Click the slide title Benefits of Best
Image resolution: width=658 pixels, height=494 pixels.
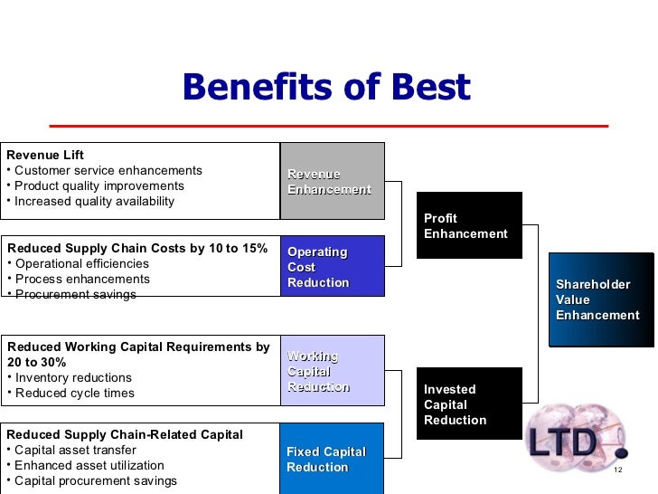326,88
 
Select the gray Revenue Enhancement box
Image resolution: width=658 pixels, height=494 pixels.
332,181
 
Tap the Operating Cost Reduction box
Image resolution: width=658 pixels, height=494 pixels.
332,266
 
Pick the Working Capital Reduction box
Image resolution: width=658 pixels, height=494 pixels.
332,371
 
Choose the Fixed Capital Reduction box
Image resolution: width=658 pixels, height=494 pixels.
332,459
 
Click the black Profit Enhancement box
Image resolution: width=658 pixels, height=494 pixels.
468,225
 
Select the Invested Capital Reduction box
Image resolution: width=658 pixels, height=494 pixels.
468,404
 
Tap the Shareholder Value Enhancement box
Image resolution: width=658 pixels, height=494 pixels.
600,299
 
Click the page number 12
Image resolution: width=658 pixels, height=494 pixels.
618,471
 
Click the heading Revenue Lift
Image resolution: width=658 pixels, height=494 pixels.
45,155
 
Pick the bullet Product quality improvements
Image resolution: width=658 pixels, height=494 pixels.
99,185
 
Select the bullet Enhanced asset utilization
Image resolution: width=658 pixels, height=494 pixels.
88,465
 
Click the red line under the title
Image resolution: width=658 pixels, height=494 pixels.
328,125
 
